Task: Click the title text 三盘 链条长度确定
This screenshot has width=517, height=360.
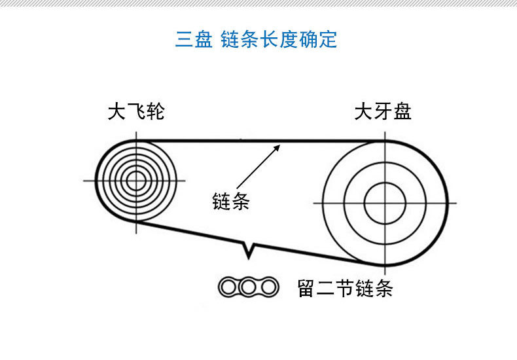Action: pos(256,39)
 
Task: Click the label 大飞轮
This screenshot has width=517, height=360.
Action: pos(135,112)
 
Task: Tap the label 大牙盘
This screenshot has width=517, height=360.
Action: pos(383,112)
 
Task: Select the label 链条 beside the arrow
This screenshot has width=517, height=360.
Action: pos(230,200)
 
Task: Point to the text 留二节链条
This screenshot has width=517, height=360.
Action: pos(345,288)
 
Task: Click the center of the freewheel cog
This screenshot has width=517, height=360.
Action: pos(136,180)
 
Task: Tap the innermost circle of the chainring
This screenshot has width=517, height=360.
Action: pos(385,203)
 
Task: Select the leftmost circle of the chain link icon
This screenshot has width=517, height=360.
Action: pos(229,287)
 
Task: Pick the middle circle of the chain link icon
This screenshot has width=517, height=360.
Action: pos(248,287)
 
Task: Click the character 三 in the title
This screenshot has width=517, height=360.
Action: pos(184,39)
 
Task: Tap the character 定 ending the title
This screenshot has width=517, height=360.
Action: pos(329,39)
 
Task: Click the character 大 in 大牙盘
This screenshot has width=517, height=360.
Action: pos(363,112)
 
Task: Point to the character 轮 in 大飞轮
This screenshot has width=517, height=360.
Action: pos(155,112)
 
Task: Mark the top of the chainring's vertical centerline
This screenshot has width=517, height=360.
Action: pos(385,128)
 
